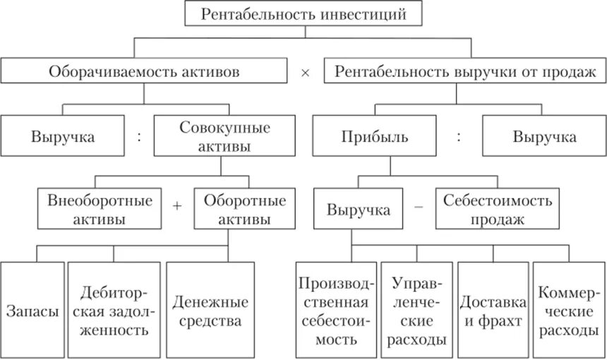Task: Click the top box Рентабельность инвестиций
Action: pos(305,13)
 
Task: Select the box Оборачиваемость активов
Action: pos(144,72)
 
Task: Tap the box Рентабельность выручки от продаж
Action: pos(465,72)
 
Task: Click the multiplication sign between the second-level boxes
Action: pos(305,73)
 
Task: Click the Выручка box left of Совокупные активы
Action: pos(62,136)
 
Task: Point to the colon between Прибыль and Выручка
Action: pos(459,136)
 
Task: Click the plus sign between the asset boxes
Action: pos(176,206)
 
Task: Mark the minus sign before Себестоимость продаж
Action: pos(419,206)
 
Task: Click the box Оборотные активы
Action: pos(236,210)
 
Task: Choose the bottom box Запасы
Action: pos(32,311)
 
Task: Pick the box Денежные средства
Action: pos(210,311)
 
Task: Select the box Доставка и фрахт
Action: pos(493,311)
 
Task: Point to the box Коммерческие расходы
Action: pos(569,311)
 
